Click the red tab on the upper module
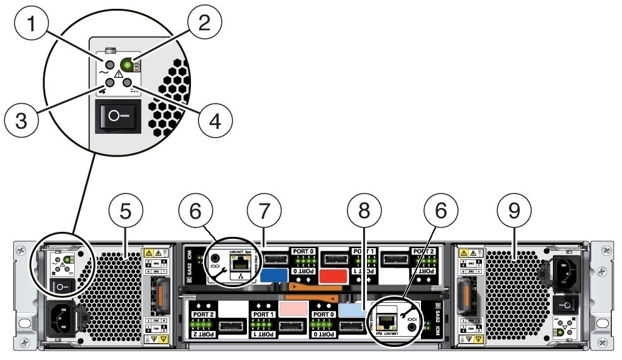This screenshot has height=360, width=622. coord(334,275)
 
